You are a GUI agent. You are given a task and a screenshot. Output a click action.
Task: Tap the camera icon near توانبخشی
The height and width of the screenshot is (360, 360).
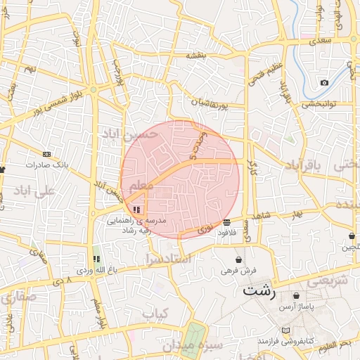pyautogui.click(x=324, y=83)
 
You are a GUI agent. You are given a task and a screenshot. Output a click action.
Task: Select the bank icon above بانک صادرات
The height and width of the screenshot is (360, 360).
pyautogui.click(x=46, y=155)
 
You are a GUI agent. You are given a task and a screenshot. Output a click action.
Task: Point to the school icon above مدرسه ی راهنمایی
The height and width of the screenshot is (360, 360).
pyautogui.click(x=136, y=210)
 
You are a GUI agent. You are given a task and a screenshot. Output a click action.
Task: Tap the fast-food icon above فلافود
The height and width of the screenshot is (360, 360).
pyautogui.click(x=226, y=223)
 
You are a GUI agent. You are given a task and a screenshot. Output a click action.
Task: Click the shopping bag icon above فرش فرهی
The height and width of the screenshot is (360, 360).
pyautogui.click(x=239, y=259)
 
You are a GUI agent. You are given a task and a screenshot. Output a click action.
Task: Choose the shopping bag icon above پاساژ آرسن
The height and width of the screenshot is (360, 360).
pyautogui.click(x=296, y=296)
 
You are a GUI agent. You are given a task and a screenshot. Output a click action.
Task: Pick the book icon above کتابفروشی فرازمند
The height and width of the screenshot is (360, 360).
pyautogui.click(x=285, y=330)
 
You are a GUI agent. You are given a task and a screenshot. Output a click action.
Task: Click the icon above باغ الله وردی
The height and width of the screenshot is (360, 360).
pyautogui.click(x=96, y=259)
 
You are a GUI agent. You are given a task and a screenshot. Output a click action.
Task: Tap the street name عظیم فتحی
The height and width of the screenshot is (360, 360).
pyautogui.click(x=258, y=77)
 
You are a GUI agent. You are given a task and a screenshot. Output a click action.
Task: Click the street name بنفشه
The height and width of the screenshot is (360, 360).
pyautogui.click(x=199, y=55)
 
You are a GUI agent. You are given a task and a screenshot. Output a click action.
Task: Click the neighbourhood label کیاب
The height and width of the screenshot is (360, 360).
pyautogui.click(x=156, y=314)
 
